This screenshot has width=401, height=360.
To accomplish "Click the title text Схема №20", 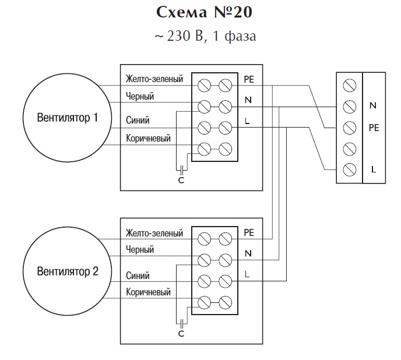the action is tap(204, 12).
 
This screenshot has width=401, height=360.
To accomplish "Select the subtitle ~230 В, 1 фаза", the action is tap(205, 36).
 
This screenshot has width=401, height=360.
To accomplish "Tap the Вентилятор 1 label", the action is tap(68, 118).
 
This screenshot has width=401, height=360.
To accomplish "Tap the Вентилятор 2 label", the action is tap(68, 271).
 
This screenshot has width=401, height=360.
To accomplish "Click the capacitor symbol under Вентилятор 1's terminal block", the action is tap(182, 169).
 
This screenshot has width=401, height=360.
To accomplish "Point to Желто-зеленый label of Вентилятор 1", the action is tap(154, 79).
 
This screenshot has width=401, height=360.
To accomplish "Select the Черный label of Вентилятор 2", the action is tap(140, 249).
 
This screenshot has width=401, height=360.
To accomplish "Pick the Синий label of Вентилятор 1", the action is tap(138, 120).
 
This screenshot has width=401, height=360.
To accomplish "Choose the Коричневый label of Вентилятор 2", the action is tap(148, 292).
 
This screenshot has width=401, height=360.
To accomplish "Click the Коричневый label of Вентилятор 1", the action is tap(148, 138).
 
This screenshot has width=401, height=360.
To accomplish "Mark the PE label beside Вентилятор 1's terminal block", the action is tap(249, 79).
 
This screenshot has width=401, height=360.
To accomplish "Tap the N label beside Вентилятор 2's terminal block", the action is tap(248, 253).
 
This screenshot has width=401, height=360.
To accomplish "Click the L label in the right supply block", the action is tap(374, 170).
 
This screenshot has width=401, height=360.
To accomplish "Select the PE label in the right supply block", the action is tap(374, 128).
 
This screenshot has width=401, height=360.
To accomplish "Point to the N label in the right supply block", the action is tap(373, 105).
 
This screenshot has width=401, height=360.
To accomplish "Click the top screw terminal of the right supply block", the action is tap(350, 86).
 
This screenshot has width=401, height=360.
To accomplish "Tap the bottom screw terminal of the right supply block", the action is tap(350, 170).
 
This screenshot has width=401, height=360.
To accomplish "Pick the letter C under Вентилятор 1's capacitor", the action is tap(181, 180).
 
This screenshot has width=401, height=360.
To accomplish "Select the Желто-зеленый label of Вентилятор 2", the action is tap(154, 233).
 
